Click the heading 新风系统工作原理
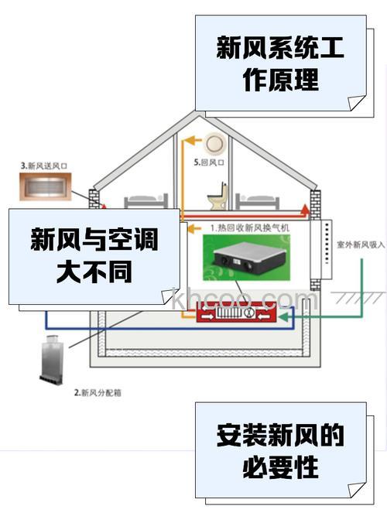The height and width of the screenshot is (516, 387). coord(280,65)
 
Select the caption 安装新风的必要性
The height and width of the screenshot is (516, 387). coord(279,450)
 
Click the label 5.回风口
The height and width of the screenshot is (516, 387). coord(209,164)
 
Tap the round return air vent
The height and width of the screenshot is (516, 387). coord(214,142)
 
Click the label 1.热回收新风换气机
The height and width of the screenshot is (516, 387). coord(249,228)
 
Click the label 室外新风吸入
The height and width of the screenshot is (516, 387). coord(361,243)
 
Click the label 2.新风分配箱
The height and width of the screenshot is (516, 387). coord(97,393)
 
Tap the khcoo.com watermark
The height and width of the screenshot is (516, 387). coord(243,299)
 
